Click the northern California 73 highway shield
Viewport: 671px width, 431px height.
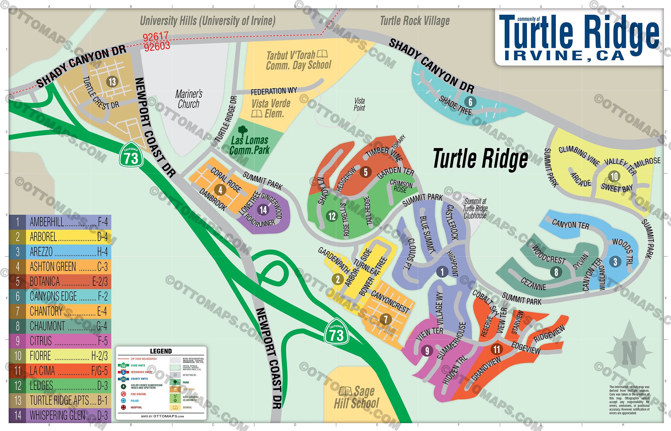131,155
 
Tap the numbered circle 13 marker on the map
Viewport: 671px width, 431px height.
112,82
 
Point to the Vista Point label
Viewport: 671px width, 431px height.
359,104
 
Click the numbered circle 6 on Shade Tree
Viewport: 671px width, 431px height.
470,102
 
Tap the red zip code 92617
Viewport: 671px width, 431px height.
155,37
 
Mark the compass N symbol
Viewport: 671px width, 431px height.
629,352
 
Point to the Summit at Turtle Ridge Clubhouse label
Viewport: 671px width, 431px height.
475,208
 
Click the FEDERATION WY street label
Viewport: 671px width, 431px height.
274,91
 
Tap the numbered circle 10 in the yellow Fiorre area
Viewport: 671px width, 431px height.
614,176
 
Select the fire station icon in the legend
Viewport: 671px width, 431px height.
123,394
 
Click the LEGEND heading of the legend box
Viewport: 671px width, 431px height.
161,351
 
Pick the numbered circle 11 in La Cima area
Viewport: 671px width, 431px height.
496,349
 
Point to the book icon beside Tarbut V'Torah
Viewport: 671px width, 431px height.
322,54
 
